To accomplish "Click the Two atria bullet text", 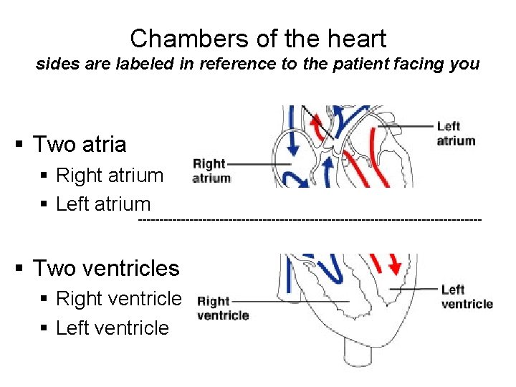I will tap(80, 145).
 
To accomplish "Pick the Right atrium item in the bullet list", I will tap(110, 176).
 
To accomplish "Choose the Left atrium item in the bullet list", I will tap(103, 204).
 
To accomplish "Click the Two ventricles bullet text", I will tap(106, 269).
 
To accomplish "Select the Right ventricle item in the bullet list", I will tap(119, 299).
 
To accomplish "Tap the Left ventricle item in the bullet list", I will tap(113, 328).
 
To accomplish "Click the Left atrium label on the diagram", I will tap(456, 133).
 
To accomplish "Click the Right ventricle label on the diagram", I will tap(222, 308).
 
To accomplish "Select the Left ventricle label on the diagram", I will tap(467, 297).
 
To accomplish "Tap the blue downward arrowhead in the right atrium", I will tap(294, 148).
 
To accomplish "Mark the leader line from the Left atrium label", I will tap(405, 127).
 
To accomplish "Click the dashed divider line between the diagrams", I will tap(308, 216).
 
